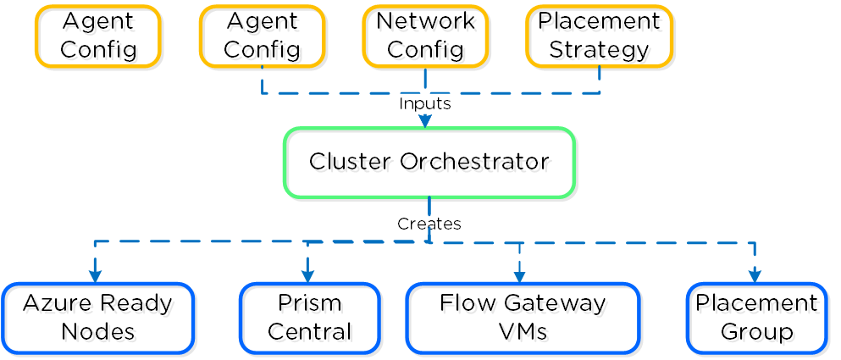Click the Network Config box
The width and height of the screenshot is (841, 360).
[425, 36]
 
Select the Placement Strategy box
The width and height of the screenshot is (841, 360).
[599, 36]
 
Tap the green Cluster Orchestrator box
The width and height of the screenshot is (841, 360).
[429, 162]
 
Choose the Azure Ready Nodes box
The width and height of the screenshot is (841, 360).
[97, 318]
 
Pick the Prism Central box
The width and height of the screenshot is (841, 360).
[309, 318]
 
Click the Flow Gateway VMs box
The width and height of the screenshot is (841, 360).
[523, 318]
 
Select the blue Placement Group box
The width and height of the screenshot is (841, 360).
[756, 318]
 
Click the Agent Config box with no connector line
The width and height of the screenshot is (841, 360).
[97, 36]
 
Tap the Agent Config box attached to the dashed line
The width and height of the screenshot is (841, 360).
[262, 36]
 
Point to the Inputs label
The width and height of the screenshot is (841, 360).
[425, 103]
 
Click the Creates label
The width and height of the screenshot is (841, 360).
[429, 224]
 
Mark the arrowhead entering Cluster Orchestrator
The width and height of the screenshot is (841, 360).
[425, 121]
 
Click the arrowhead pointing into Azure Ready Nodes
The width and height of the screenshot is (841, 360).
[95, 275]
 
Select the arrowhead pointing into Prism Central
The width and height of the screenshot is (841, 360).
[307, 275]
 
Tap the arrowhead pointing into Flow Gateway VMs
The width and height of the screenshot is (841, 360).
[519, 276]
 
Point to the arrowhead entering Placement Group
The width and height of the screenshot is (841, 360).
[754, 275]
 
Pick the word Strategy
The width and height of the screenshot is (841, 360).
[599, 49]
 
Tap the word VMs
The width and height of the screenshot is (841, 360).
[523, 331]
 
